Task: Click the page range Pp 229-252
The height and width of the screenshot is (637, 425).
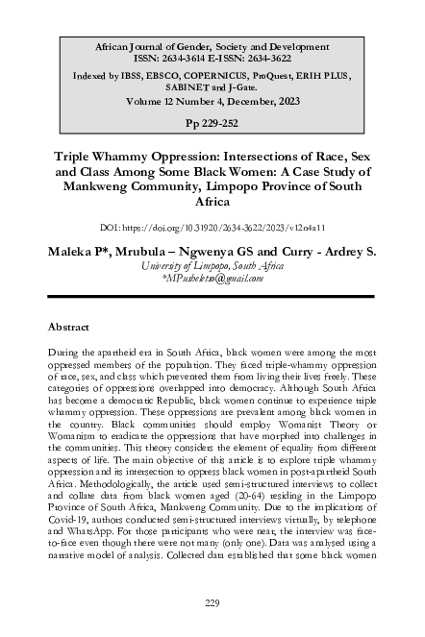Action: (x=212, y=124)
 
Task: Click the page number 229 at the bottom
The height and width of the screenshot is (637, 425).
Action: (x=212, y=602)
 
